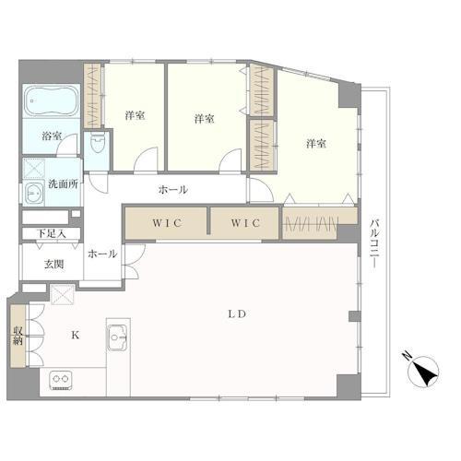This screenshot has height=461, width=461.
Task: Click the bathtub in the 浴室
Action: pos(52,100)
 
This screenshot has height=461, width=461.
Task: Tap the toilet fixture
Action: pos(98,143)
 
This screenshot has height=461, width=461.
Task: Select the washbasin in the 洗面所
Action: pos(34,193)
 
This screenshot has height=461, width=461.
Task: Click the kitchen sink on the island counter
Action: pos(117,337)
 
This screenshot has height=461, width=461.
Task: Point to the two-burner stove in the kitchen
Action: pos(61,380)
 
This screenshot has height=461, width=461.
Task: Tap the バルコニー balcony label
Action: pos(373,242)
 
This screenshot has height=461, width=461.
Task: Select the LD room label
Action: pos(237,314)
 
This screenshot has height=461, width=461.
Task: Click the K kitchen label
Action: pos(76,335)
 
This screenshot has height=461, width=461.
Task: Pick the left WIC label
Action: pos(168,223)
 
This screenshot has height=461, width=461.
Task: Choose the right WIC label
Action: pos(245,223)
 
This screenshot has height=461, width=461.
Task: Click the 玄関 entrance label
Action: pos(53,265)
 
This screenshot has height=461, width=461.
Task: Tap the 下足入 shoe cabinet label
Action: pos(51,233)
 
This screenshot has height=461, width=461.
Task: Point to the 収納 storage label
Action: pos(18,336)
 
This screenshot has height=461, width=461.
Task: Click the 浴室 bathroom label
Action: pos(52,136)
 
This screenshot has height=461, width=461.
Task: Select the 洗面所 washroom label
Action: pos(64,183)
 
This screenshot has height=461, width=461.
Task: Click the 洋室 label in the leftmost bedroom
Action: pos(135,115)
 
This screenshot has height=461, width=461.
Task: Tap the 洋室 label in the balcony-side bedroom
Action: pos(316,144)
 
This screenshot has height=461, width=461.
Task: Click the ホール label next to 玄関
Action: pos(102,254)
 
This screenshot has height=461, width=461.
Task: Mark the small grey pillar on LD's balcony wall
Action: pos(355,316)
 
